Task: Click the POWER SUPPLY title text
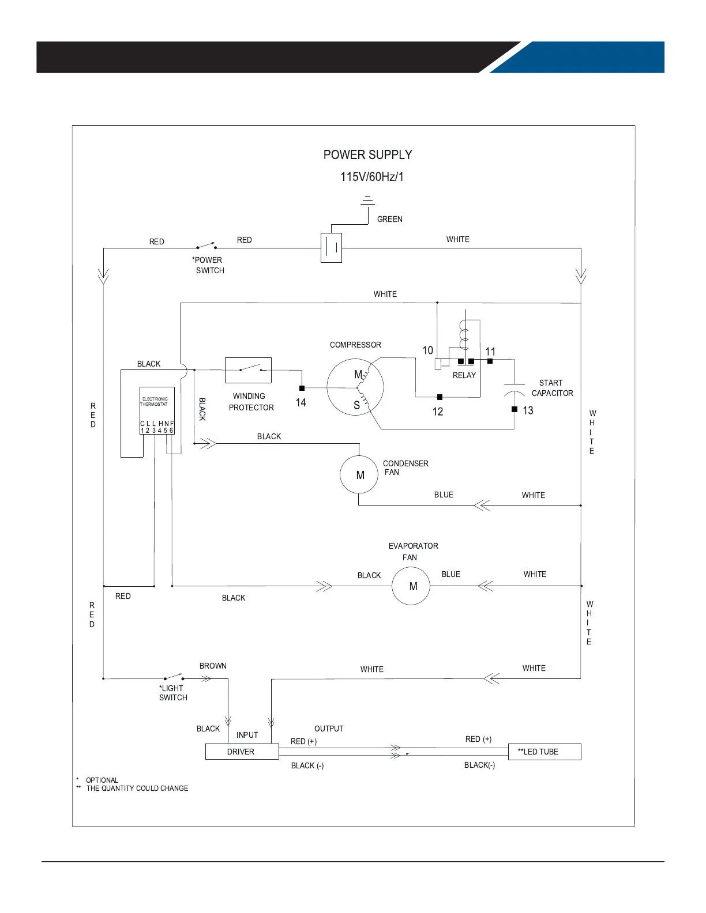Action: click(x=367, y=155)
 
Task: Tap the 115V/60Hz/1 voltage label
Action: click(x=372, y=177)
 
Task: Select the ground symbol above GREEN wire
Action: click(x=367, y=200)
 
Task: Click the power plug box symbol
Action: click(x=331, y=247)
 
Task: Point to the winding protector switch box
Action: click(x=248, y=370)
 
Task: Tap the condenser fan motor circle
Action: click(x=359, y=475)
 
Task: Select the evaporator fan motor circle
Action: click(x=411, y=586)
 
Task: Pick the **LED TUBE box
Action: click(x=544, y=752)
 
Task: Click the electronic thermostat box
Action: click(x=157, y=410)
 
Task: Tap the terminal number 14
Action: click(x=301, y=403)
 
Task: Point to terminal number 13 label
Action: click(x=528, y=411)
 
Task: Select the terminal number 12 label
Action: click(x=438, y=412)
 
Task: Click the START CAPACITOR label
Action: click(x=552, y=388)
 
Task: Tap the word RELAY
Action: click(x=464, y=376)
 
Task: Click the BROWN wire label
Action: click(x=213, y=666)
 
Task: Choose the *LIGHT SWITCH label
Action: click(x=173, y=693)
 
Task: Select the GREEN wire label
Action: click(x=390, y=219)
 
